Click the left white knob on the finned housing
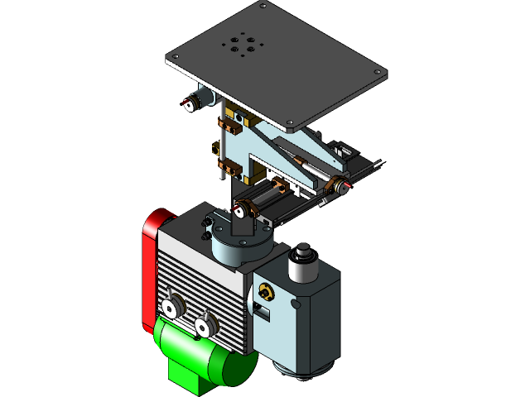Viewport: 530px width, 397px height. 172,309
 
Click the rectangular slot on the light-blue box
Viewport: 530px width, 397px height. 261,313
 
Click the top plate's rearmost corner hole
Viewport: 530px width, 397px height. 263,7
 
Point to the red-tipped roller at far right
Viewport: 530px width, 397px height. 339,187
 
